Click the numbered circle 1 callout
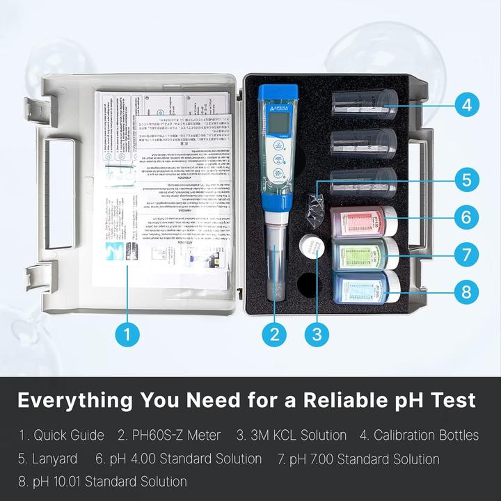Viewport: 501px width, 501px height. pyautogui.click(x=127, y=334)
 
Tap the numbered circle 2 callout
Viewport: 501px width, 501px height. pyautogui.click(x=275, y=334)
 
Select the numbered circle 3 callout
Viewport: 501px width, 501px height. pyautogui.click(x=317, y=334)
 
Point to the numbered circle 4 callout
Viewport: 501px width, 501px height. pyautogui.click(x=467, y=105)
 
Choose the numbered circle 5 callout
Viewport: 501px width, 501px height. pyautogui.click(x=467, y=179)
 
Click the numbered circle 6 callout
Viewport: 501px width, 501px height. pyautogui.click(x=467, y=216)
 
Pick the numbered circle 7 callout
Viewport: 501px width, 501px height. pyautogui.click(x=467, y=253)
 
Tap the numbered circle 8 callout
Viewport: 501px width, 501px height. pyautogui.click(x=467, y=290)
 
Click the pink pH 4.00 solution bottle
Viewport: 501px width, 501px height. pyautogui.click(x=362, y=221)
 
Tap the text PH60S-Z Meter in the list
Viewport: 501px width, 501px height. pyautogui.click(x=169, y=436)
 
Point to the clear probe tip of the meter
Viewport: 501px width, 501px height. pyautogui.click(x=276, y=275)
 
